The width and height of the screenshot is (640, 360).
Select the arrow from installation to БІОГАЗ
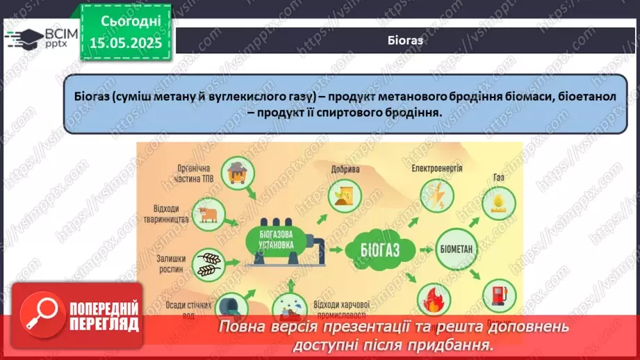coord(339,248)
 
